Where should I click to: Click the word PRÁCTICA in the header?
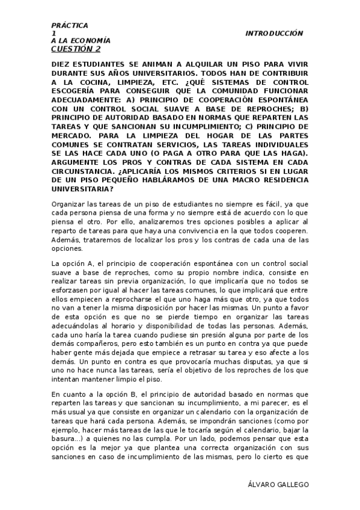(x=70, y=25)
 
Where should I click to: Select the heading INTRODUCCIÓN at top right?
(x=274, y=34)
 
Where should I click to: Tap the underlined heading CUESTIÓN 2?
(x=76, y=49)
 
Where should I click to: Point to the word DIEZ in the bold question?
(x=62, y=63)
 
